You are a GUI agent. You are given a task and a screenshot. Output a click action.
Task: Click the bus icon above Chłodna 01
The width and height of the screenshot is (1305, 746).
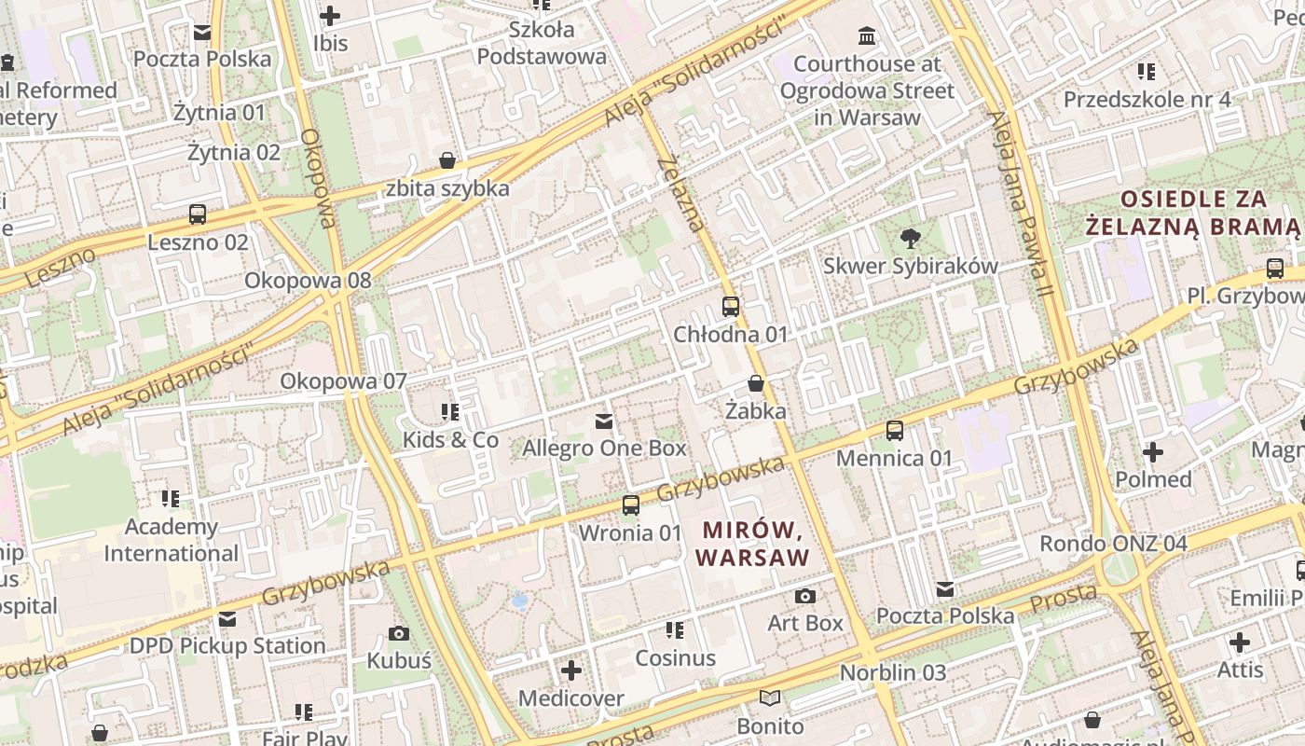tap(731, 306)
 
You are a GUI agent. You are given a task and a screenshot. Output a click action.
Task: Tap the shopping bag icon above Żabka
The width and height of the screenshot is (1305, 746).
tap(756, 383)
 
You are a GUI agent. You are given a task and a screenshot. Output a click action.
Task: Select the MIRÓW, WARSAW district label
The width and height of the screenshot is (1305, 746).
tap(753, 545)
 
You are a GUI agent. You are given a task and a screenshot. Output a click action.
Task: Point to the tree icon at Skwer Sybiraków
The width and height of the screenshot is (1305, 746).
tap(910, 239)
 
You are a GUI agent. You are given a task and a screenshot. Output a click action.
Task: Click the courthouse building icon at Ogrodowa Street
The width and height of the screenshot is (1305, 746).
tap(868, 36)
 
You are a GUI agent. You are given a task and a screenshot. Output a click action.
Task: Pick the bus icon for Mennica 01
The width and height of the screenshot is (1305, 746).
tap(895, 431)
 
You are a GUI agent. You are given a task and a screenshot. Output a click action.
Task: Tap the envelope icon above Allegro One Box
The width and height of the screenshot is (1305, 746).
tap(604, 421)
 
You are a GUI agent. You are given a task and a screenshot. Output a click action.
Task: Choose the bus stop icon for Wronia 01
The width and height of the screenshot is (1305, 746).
tap(631, 505)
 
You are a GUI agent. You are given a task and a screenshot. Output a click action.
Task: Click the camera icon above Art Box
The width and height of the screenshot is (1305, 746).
tap(805, 596)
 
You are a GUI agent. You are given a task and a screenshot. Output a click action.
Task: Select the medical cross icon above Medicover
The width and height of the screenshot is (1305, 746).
tap(571, 670)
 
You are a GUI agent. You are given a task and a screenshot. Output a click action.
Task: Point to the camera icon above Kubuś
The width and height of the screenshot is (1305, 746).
tap(399, 634)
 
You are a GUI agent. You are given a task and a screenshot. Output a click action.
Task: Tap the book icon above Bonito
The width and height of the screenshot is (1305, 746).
tap(770, 698)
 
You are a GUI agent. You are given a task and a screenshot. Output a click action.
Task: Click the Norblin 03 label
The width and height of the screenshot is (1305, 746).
tap(893, 672)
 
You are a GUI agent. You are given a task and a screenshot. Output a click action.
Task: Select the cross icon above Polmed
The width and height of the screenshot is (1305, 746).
tap(1153, 452)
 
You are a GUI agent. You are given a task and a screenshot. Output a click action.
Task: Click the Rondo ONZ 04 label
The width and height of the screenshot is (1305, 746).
tap(1114, 543)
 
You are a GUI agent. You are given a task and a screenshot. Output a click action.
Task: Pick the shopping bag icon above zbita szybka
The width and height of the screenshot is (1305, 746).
tap(447, 160)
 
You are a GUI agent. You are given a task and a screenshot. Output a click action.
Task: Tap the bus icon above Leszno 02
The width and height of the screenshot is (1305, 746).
tap(198, 214)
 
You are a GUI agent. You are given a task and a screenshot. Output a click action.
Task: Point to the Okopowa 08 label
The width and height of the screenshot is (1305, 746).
tap(308, 280)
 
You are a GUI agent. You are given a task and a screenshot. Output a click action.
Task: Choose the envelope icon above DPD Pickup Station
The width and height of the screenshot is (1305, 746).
tap(227, 619)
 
